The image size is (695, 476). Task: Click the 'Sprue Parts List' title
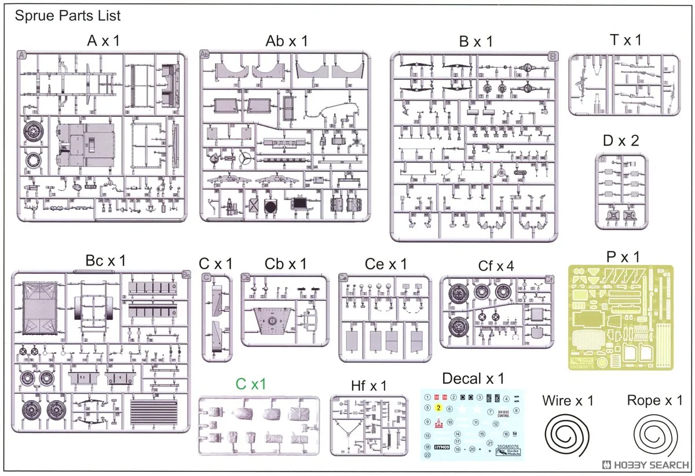pos(68,16)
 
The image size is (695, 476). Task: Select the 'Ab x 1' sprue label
pos(287,41)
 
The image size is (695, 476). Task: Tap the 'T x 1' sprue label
pos(625,40)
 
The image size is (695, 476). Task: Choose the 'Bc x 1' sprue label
pos(105,261)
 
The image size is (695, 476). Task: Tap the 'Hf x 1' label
pos(368,385)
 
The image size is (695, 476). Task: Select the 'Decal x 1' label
pos(473,379)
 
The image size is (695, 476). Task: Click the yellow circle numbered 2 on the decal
pos(438,408)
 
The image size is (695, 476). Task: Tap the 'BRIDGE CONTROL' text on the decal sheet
pos(503,414)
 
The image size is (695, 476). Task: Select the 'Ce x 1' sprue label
pos(386,264)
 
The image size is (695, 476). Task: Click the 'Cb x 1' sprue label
pos(286,264)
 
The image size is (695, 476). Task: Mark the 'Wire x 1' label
pos(568,400)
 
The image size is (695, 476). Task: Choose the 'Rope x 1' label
pos(654,400)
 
